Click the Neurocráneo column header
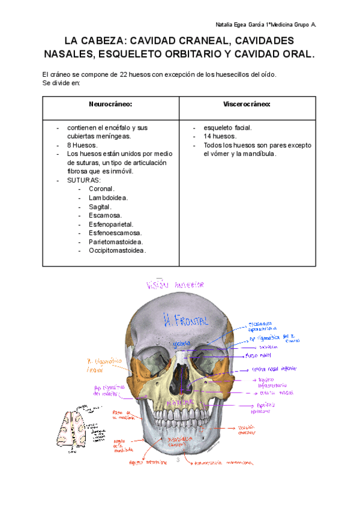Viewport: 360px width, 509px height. tap(110, 104)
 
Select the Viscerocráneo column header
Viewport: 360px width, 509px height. tap(247, 104)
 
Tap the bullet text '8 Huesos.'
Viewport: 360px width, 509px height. tap(83, 145)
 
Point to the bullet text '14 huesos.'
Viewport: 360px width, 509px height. tap(220, 136)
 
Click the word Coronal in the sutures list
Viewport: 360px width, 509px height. tap(101, 188)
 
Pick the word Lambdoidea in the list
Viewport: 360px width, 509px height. tap(108, 197)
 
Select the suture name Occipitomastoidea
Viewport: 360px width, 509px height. tap(117, 250)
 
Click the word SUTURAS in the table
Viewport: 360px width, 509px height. tap(84, 180)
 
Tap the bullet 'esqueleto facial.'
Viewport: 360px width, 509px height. tap(227, 128)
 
